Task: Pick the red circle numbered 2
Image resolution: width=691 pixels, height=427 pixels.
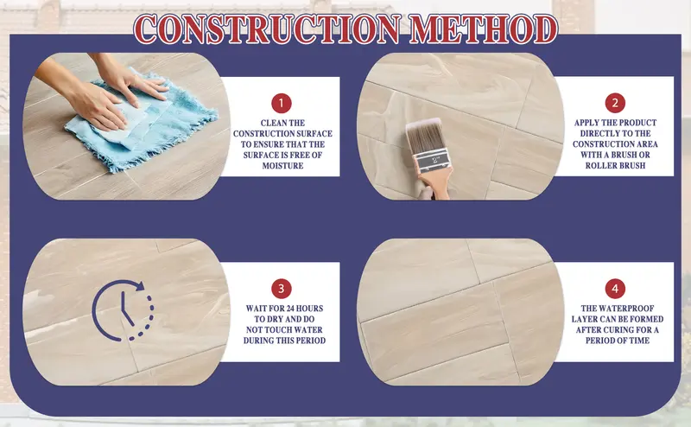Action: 614,102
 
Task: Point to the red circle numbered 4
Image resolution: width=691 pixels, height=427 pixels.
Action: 615,288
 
